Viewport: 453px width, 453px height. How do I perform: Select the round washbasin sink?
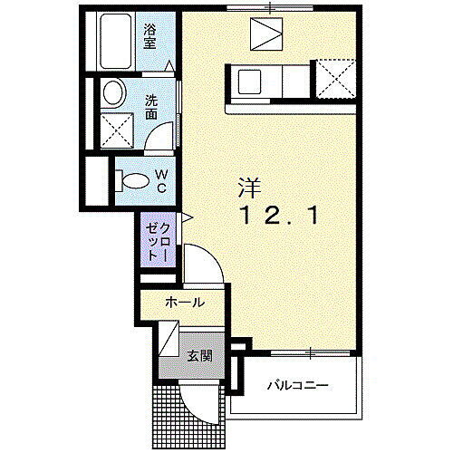point(113,93)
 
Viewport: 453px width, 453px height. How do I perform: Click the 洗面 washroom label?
point(153,108)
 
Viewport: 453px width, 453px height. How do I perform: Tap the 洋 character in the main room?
point(250,188)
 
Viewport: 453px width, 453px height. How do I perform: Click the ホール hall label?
point(184,303)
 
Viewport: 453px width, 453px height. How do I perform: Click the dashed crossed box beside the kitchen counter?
point(335,79)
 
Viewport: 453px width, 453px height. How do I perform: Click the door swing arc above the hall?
point(205,265)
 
